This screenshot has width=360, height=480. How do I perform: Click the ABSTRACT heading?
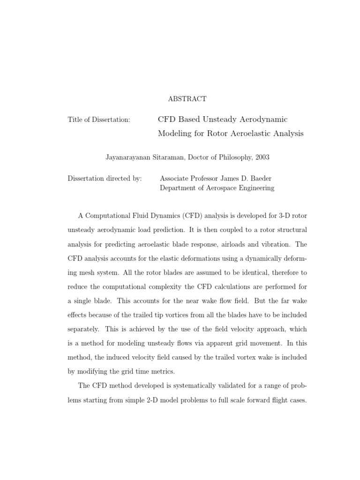pyautogui.click(x=187, y=99)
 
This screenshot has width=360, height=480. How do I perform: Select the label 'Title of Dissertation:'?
pyautogui.click(x=99, y=120)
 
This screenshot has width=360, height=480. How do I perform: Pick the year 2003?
pyautogui.click(x=262, y=157)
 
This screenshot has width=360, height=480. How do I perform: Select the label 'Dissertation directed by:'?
pyautogui.click(x=105, y=179)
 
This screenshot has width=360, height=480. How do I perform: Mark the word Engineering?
pyautogui.click(x=255, y=188)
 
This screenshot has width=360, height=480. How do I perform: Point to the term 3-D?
pyautogui.click(x=284, y=215)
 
